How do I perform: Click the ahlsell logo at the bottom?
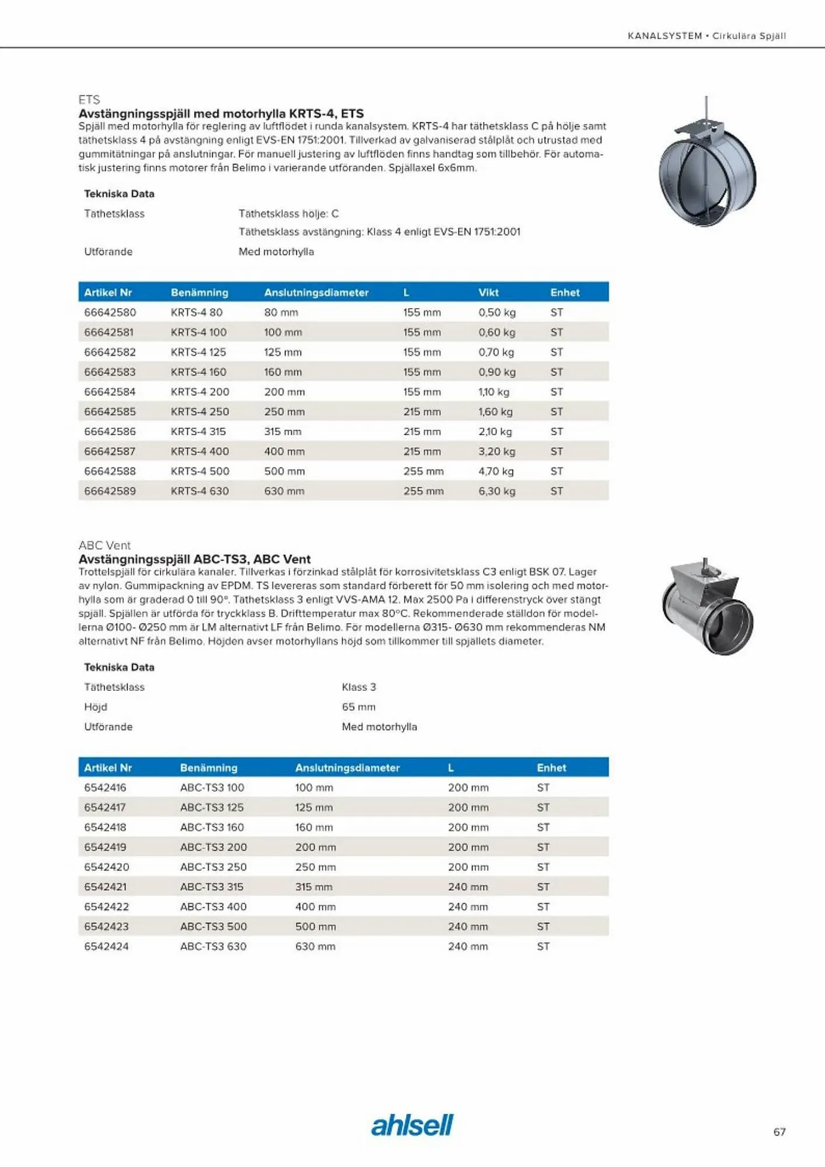412,1125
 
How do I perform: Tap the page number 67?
779,1132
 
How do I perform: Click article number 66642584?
110,392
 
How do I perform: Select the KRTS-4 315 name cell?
198,431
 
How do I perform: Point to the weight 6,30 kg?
497,491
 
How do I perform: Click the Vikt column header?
488,292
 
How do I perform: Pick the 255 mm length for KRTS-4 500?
423,471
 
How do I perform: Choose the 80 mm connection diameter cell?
281,312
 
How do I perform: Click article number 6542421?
105,886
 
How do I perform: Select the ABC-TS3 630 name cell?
213,946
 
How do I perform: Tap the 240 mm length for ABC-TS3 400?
468,906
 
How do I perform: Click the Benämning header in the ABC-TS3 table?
208,767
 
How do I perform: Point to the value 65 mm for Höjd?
358,707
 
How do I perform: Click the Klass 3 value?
359,687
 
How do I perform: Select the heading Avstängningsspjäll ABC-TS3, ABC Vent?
194,558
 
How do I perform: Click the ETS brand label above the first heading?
89,99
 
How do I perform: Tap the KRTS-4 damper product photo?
707,166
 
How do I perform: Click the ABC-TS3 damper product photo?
707,607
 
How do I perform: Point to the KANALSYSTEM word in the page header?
665,36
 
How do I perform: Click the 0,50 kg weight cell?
497,312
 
